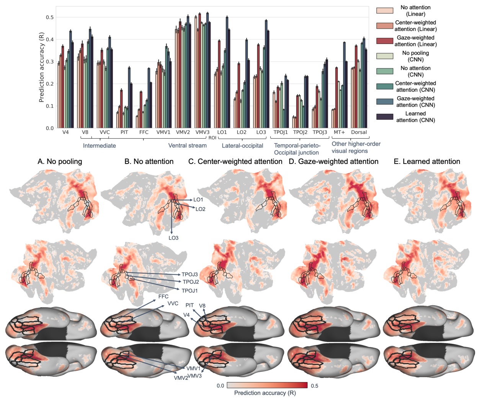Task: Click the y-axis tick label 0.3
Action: point(50,62)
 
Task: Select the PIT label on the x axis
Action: point(124,132)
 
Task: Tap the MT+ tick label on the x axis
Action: point(339,132)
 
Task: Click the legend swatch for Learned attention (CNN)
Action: point(384,117)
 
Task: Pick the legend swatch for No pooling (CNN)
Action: point(384,56)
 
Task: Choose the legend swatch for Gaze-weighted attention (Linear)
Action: point(384,41)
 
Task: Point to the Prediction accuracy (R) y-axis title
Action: point(41,67)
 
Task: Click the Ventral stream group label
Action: point(187,146)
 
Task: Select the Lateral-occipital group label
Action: point(242,146)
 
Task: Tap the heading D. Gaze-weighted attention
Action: point(333,162)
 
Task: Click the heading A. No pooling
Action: point(60,162)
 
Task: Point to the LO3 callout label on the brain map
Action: point(173,238)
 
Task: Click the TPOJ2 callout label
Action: point(191,282)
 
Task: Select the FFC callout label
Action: point(163,297)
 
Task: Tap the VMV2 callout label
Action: point(181,378)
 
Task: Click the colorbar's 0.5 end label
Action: point(314,386)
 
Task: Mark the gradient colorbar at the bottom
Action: point(267,385)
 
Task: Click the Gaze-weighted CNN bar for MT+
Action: point(344,85)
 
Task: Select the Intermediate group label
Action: point(99,146)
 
